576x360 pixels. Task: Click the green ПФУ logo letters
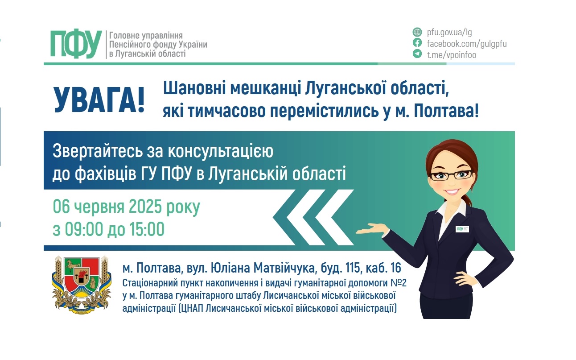point(76,45)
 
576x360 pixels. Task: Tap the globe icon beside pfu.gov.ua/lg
point(417,32)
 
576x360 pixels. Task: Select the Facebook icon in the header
point(417,43)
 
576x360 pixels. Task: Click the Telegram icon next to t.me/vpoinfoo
point(417,54)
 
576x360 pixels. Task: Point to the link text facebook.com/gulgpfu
point(467,44)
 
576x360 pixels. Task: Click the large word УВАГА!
point(99,100)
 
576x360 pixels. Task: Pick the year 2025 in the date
point(145,207)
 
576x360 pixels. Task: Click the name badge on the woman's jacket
point(462,228)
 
